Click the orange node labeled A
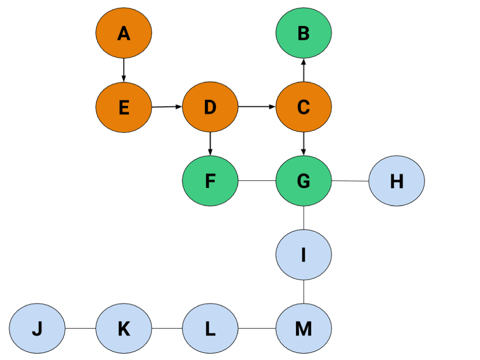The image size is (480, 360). (x=124, y=33)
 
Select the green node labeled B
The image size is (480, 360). (x=304, y=33)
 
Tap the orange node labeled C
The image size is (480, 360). (x=304, y=107)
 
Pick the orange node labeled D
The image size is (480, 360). (x=210, y=107)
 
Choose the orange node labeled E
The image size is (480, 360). (x=124, y=107)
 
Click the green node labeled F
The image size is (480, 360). (x=210, y=181)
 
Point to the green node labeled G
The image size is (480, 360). (x=304, y=181)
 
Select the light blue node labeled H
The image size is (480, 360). (x=397, y=181)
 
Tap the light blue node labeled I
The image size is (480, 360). (x=304, y=255)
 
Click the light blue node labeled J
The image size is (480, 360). (x=37, y=329)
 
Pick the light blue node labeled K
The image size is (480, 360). (x=124, y=329)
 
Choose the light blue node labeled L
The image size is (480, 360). (x=210, y=329)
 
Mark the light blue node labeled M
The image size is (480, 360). (x=304, y=329)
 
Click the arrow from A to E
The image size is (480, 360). (x=124, y=70)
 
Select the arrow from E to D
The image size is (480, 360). (x=167, y=107)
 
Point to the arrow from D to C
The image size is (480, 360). (x=257, y=107)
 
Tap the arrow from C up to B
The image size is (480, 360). (x=304, y=70)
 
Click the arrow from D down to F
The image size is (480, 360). (x=210, y=144)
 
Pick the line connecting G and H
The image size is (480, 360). (x=350, y=181)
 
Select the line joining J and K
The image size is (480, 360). (x=81, y=328)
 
